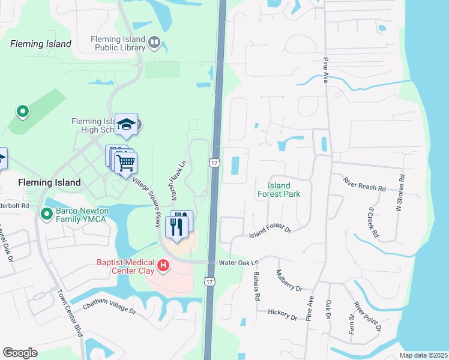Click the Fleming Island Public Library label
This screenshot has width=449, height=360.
118,43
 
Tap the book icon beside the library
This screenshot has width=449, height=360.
155,42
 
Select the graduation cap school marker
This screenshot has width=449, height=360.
127,124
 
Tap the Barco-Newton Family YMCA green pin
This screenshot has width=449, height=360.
46,214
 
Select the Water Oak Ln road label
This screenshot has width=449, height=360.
238,262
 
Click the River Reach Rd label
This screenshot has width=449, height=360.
364,184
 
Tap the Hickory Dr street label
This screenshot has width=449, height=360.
282,313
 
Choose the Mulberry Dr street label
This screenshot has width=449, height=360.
289,281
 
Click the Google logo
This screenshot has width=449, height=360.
20,353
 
